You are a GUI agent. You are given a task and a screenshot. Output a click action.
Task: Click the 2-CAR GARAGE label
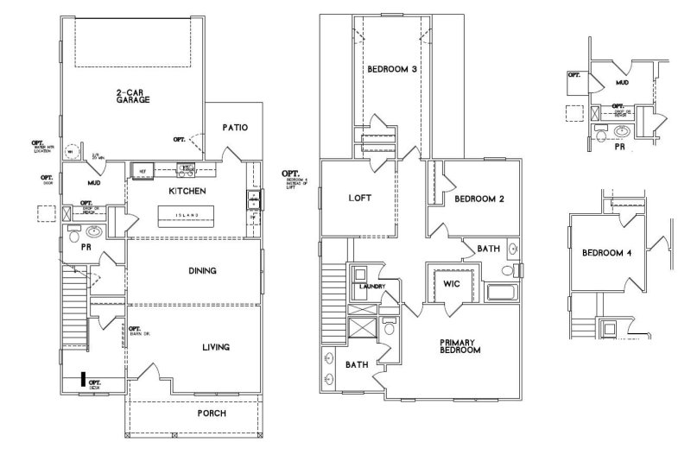133,97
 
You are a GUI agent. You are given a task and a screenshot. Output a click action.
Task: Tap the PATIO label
235,128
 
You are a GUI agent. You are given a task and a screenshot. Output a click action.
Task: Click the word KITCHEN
187,191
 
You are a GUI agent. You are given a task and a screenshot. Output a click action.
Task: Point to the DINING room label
202,271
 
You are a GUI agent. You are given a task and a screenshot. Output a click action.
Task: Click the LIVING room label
215,348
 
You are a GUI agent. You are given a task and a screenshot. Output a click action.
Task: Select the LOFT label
359,198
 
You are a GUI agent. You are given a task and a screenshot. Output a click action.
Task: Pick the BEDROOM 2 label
479,199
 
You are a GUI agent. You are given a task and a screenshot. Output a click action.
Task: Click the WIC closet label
450,284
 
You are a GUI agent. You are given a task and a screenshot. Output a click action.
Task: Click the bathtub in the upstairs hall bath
501,292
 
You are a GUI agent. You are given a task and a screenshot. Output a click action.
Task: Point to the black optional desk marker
83,379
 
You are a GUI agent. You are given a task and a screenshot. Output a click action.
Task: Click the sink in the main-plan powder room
94,233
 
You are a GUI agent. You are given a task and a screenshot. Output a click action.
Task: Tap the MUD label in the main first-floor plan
95,184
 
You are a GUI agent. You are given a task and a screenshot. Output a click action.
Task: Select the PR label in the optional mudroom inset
618,148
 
